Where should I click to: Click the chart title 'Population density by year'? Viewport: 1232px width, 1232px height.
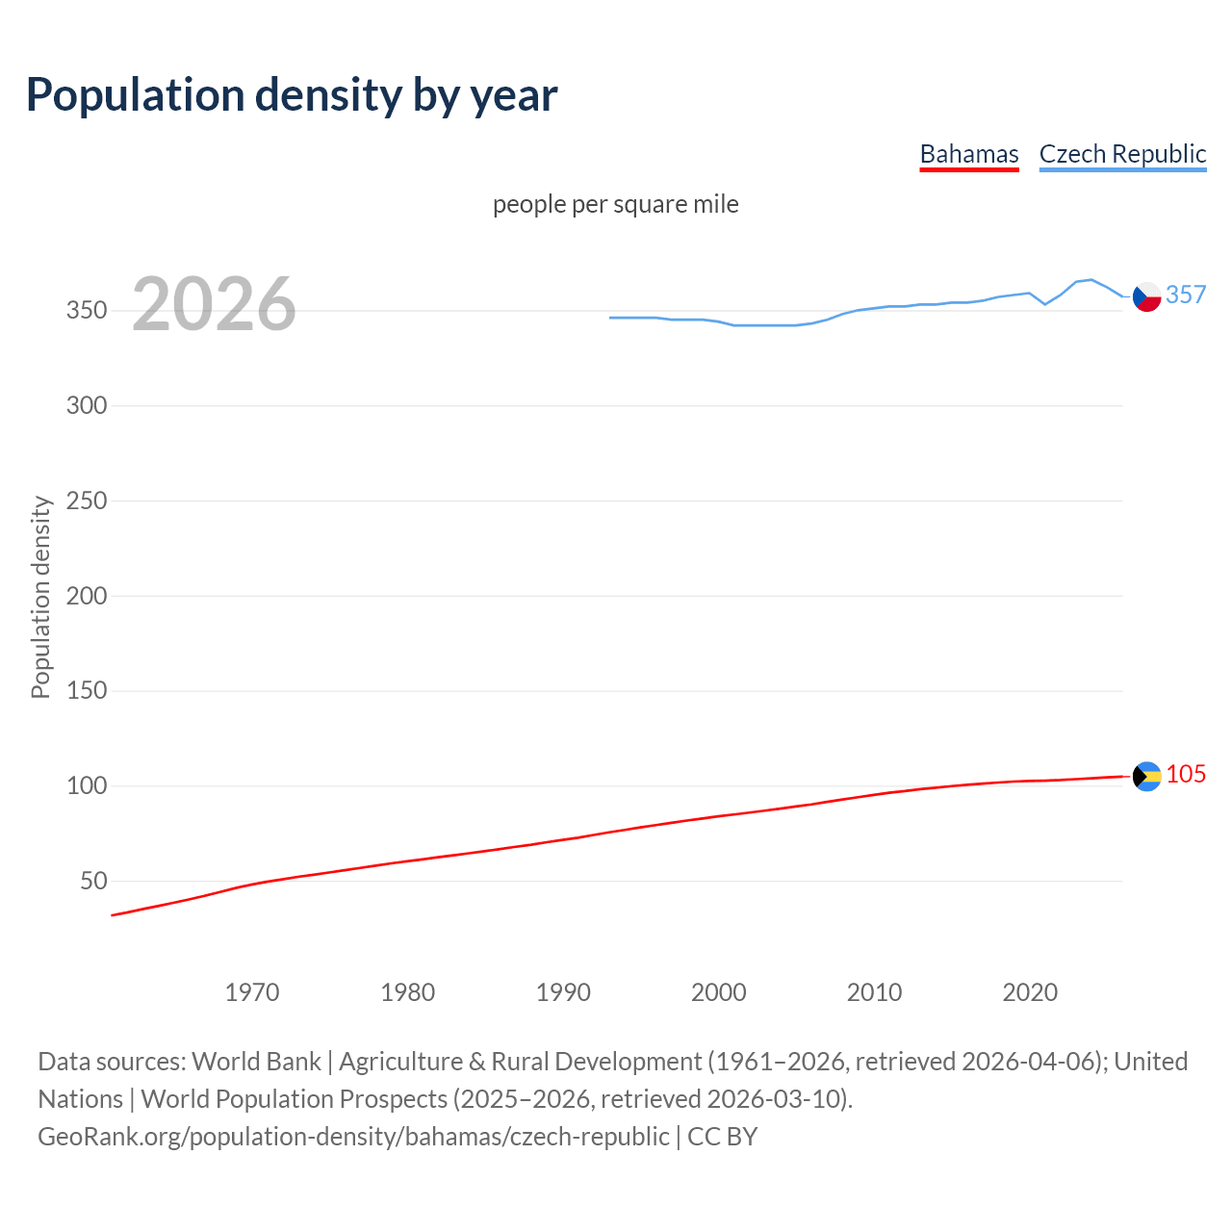click(292, 94)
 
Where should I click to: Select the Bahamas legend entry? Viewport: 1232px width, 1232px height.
click(968, 154)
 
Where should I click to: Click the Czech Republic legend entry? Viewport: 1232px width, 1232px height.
click(1122, 154)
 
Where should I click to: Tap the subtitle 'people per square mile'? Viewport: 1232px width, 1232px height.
click(615, 204)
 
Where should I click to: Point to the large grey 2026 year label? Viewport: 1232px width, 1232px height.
click(214, 304)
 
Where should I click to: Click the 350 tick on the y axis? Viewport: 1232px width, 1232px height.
click(87, 311)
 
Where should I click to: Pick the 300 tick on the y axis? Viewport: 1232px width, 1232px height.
click(87, 405)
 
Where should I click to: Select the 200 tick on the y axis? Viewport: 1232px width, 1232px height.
click(87, 596)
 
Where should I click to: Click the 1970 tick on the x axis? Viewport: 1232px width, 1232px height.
click(252, 992)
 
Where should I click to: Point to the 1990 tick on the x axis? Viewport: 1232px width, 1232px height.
click(563, 992)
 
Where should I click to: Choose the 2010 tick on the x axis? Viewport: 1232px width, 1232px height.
click(874, 992)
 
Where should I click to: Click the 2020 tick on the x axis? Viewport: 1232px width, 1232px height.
click(1030, 992)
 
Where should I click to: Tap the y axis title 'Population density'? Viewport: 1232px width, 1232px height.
click(40, 597)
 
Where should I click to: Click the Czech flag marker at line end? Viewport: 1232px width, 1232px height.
click(1146, 297)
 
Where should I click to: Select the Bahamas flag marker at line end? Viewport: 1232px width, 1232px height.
click(1146, 776)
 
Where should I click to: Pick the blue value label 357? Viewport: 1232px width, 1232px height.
click(1186, 295)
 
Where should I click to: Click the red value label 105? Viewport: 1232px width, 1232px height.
click(1186, 774)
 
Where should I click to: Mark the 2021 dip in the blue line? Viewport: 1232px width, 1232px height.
click(1045, 304)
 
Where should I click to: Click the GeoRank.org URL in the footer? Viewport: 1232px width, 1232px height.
click(353, 1137)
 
